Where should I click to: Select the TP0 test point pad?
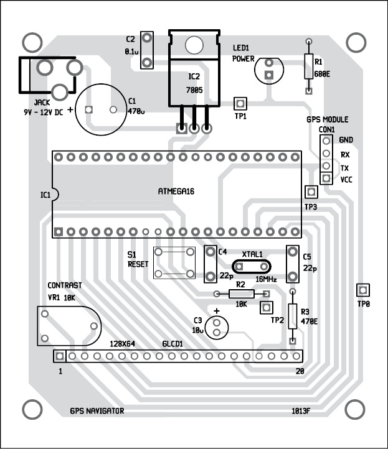362,290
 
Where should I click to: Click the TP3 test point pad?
310,192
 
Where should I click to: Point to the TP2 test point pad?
267,307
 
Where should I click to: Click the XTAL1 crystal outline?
250,267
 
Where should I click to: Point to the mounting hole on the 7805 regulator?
194,45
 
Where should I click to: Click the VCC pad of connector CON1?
325,178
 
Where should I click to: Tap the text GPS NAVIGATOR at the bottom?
97,411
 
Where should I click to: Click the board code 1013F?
301,411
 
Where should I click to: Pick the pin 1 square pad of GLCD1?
59,356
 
